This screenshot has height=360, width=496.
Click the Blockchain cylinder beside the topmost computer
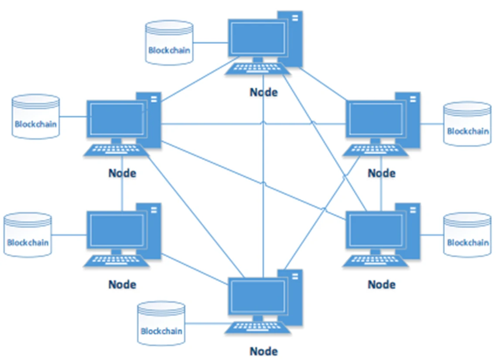tap(169, 43)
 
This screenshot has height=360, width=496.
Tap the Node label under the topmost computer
tap(263, 93)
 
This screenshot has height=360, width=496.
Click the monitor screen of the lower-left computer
tap(116, 230)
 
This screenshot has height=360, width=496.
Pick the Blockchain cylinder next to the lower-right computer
tap(467, 235)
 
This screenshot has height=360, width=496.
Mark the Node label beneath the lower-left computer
tap(122, 285)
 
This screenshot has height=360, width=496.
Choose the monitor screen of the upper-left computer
tap(116, 119)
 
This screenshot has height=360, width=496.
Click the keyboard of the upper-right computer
tap(376, 150)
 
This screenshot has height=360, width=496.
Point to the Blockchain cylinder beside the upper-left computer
tap(36, 117)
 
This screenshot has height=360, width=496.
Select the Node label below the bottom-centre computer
tap(263, 351)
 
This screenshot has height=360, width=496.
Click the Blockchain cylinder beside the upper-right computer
tap(467, 124)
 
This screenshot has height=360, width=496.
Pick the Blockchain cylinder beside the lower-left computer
tap(28, 236)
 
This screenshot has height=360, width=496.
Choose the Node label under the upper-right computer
tap(381, 173)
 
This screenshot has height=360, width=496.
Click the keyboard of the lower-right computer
tap(376, 261)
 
